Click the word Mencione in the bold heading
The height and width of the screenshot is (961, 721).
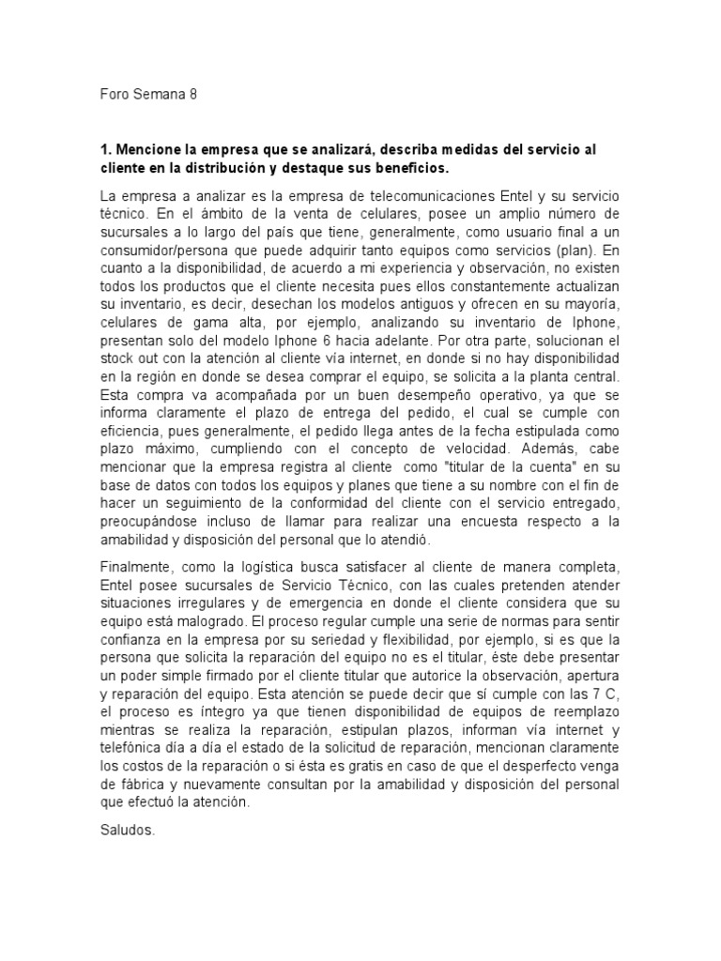(x=146, y=150)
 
